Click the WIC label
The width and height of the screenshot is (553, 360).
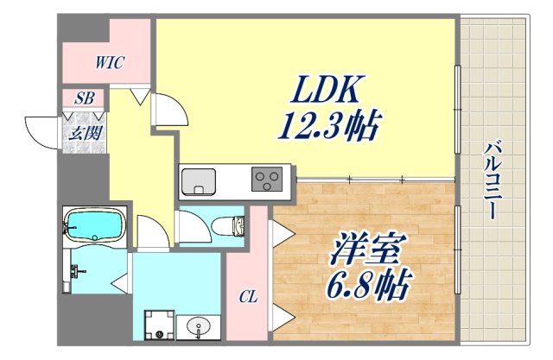(110, 62)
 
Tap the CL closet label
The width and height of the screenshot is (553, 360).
(248, 298)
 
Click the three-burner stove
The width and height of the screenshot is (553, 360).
(267, 180)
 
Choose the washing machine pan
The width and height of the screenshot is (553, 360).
(157, 325)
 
